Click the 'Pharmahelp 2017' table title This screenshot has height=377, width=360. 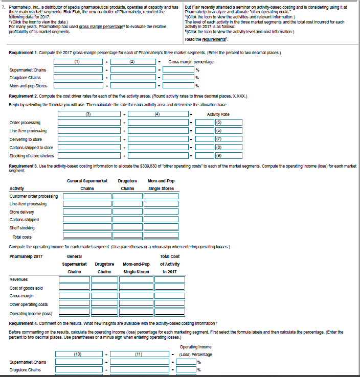click(26, 256)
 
